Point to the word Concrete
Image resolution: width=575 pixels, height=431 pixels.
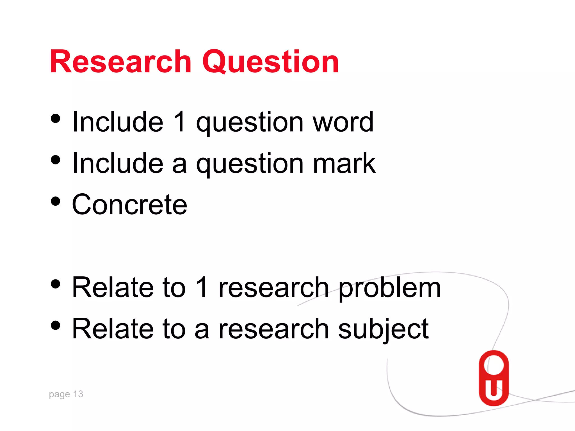129,205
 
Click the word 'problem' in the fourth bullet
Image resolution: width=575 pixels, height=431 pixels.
389,288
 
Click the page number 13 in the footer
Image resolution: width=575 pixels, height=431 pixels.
78,394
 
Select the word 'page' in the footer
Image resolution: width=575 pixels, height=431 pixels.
59,395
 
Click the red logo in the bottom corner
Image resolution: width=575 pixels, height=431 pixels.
494,378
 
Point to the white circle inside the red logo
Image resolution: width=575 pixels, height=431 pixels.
494,365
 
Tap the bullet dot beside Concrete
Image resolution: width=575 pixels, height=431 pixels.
56,201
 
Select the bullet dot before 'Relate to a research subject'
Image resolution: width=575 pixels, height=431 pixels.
56,325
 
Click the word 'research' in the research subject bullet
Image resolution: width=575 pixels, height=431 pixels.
273,329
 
